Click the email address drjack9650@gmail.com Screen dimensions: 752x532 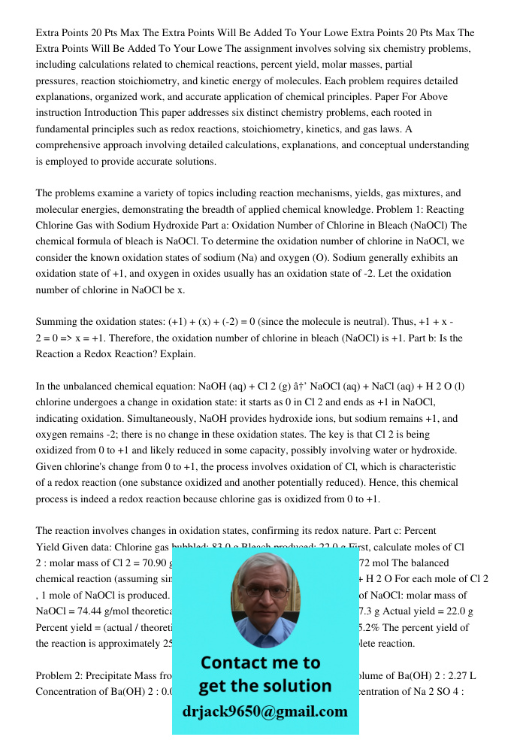(264, 711)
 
